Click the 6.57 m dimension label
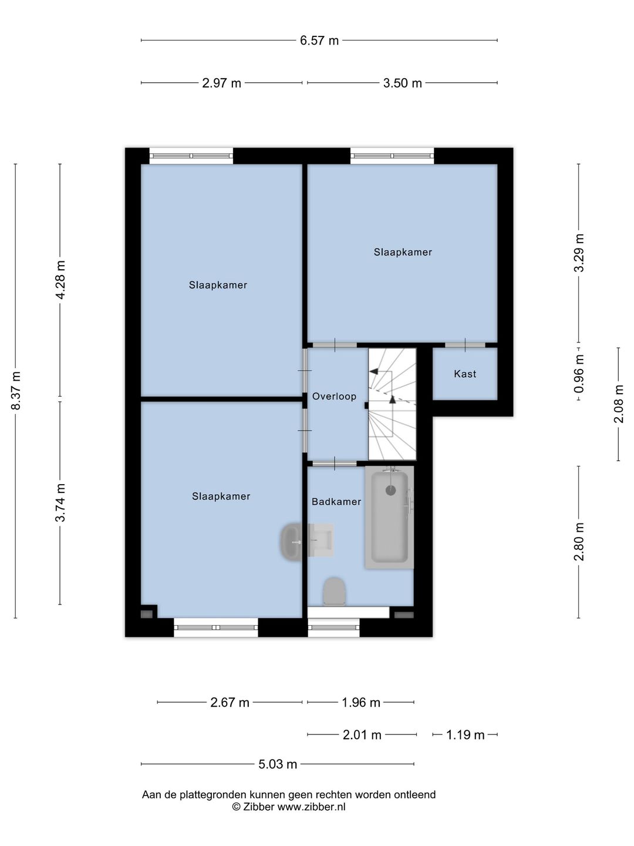point(319,41)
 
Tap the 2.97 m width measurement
point(221,83)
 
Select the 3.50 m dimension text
point(402,83)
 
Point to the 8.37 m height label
point(16,391)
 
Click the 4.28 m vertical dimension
point(60,280)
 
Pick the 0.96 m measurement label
point(579,374)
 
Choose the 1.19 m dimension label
point(465,735)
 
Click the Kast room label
point(465,374)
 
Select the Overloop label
point(334,396)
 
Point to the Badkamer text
point(336,502)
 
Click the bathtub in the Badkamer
point(389,517)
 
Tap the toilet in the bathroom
point(334,591)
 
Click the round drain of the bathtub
point(391,490)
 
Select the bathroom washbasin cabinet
point(321,540)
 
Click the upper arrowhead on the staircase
point(373,371)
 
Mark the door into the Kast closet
point(465,345)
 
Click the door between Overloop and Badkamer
point(335,464)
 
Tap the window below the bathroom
point(334,627)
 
